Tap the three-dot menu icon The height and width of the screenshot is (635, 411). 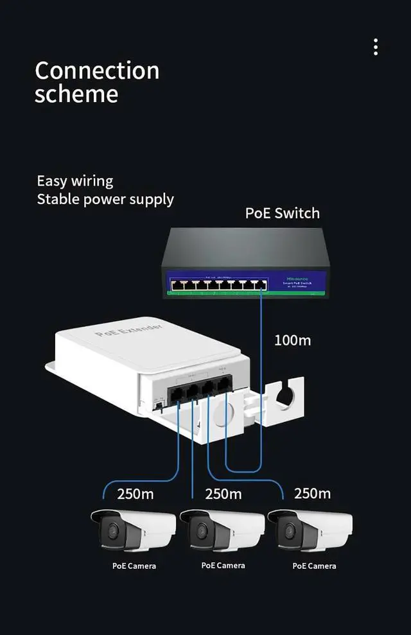click(376, 47)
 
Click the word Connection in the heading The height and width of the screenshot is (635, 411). click(97, 70)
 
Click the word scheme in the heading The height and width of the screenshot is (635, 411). click(76, 94)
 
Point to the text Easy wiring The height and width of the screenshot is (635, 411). click(74, 181)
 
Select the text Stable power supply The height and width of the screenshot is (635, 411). click(105, 199)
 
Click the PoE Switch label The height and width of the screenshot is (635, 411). click(282, 213)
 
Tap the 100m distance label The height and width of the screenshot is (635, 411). click(292, 340)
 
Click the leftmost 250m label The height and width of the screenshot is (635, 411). click(135, 494)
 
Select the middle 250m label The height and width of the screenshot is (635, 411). click(223, 494)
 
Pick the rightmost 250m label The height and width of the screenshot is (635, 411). click(312, 493)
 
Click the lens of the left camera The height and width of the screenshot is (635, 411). click(113, 531)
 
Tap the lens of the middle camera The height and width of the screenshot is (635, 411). click(202, 531)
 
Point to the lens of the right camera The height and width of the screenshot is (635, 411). click(290, 531)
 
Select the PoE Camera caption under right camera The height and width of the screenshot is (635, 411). click(314, 566)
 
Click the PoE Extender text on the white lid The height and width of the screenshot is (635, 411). click(128, 330)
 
